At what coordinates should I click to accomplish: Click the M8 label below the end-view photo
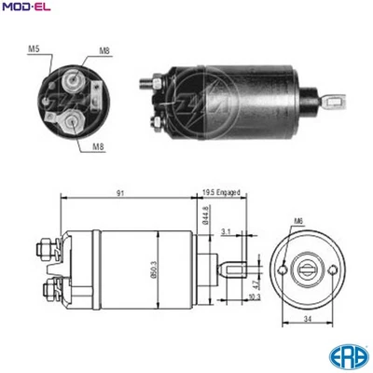coord(98,145)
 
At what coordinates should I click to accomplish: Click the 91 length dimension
coord(123,193)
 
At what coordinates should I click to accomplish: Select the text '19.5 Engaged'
coord(220,193)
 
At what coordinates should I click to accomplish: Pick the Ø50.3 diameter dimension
coord(162,271)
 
